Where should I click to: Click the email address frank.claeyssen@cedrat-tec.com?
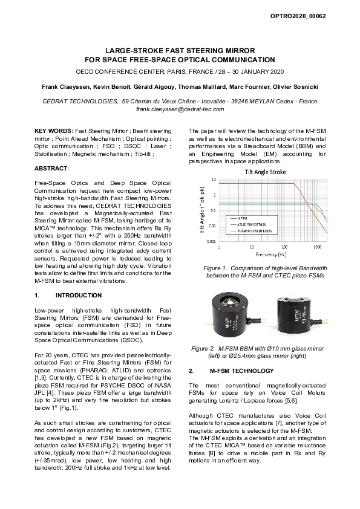click(180, 109)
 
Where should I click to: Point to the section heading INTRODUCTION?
click(78, 296)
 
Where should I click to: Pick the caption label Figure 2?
click(205, 349)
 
